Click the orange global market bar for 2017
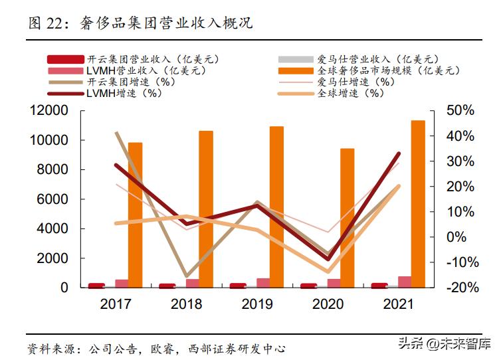point(135,215)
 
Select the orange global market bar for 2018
point(206,209)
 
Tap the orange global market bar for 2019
point(276,207)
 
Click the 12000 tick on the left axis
point(49,111)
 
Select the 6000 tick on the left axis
point(52,199)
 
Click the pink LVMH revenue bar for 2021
point(405,282)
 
